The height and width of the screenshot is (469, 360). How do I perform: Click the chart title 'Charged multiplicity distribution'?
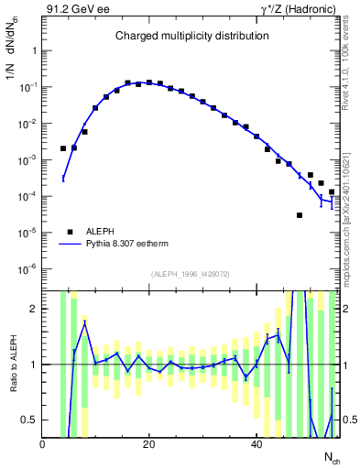tap(191, 36)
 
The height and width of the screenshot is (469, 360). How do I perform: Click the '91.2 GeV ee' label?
tap(75, 9)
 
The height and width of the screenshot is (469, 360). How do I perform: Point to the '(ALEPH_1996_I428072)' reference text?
tap(191, 274)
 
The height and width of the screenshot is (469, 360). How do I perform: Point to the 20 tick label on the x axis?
tap(149, 445)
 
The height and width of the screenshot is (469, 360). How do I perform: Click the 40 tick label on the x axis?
tap(256, 445)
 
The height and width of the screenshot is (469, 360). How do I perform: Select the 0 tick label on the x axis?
tap(43, 445)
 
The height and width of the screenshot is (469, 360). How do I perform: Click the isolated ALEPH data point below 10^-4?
tap(300, 215)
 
